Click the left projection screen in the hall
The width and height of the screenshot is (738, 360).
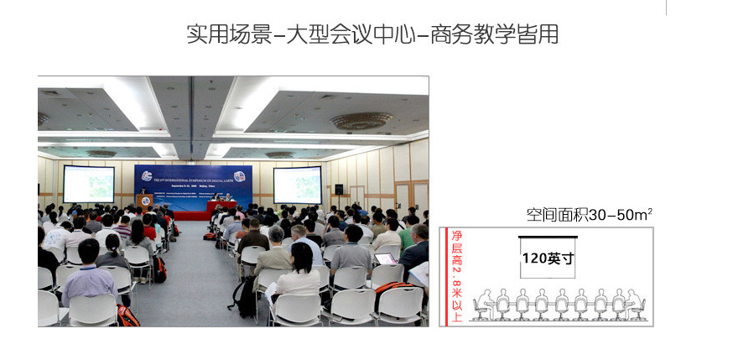coord(89,184)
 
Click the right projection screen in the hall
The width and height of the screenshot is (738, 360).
coord(297,185)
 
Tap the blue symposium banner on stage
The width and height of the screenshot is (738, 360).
coord(193,185)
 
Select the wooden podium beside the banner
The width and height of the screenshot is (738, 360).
coord(143,202)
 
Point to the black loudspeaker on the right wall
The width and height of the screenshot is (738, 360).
coord(339,190)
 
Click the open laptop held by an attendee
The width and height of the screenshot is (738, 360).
coord(385,258)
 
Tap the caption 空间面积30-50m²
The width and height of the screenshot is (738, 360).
coord(589,215)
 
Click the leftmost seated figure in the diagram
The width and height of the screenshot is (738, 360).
coord(484,304)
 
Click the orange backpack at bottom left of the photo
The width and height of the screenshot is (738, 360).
coord(127,316)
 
